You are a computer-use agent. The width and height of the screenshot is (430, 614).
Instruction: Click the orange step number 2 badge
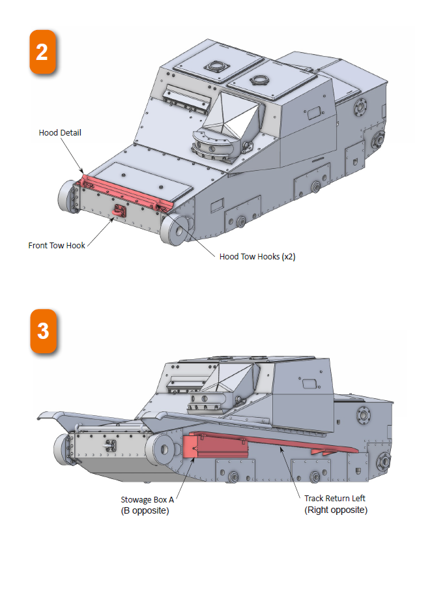click(42, 51)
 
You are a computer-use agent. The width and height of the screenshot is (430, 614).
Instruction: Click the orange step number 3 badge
click(42, 331)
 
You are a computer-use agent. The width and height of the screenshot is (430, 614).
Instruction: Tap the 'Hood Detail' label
click(60, 133)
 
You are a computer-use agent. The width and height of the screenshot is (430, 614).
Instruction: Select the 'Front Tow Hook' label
click(57, 246)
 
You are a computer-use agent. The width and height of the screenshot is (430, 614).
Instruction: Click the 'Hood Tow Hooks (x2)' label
click(257, 257)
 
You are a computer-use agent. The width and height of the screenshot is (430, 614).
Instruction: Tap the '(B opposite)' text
click(145, 510)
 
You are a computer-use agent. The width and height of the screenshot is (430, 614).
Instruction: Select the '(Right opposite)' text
click(336, 510)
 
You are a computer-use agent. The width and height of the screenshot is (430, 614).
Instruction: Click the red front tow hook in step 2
click(120, 211)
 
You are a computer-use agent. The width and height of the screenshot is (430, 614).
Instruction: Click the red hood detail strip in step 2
click(124, 190)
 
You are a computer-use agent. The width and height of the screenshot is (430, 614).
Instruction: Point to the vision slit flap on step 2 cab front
click(187, 98)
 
